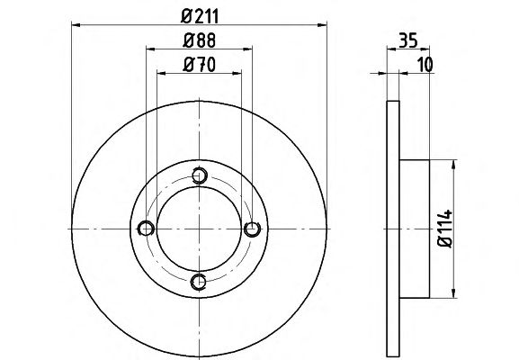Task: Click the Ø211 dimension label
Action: (x=200, y=16)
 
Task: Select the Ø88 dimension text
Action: (x=200, y=40)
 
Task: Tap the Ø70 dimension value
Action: (x=199, y=64)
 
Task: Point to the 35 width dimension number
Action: (x=408, y=40)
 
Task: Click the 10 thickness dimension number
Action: (x=425, y=64)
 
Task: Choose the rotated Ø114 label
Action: (x=444, y=229)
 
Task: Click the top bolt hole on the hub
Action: (x=200, y=175)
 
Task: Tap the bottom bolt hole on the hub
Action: (x=199, y=282)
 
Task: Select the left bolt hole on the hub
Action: (x=146, y=229)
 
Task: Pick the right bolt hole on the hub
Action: (x=252, y=229)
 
